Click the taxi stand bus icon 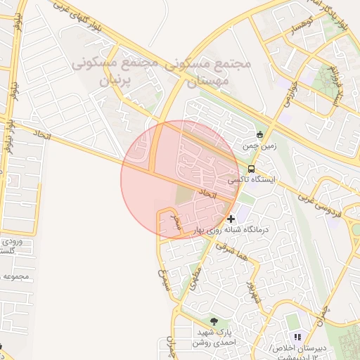click(x=251, y=169)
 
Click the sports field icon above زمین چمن click(x=259, y=134)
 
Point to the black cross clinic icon click(x=231, y=219)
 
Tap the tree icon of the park click(x=214, y=321)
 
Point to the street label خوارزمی click(x=290, y=96)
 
